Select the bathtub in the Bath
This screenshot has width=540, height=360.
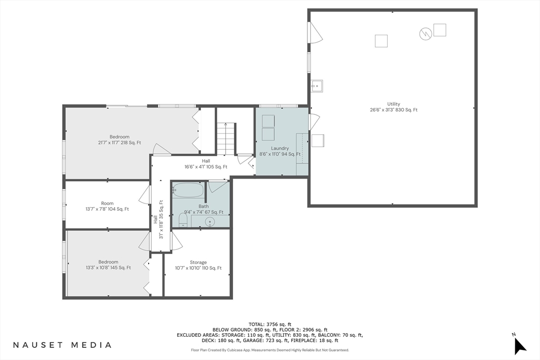[187, 189]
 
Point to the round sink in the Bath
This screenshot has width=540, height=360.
[210, 222]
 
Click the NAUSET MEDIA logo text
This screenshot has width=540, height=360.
[62, 345]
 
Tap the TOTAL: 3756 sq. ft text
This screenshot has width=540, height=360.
[270, 324]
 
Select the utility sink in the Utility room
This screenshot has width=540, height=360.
[316, 86]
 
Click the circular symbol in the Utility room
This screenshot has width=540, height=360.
[425, 34]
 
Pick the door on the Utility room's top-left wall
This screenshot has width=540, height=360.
[315, 33]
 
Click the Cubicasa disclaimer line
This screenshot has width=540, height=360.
[270, 350]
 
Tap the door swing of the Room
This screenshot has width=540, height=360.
[145, 194]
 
